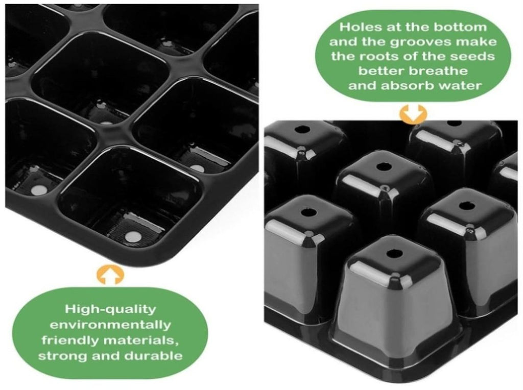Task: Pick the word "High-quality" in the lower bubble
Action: click(x=110, y=309)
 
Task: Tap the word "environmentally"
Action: click(x=110, y=324)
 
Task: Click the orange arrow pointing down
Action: click(x=413, y=114)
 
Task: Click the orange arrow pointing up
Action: click(x=110, y=275)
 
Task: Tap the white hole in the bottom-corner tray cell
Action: click(x=133, y=237)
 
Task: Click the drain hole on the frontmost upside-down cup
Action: click(x=394, y=254)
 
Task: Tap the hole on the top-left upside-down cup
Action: click(x=304, y=129)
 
